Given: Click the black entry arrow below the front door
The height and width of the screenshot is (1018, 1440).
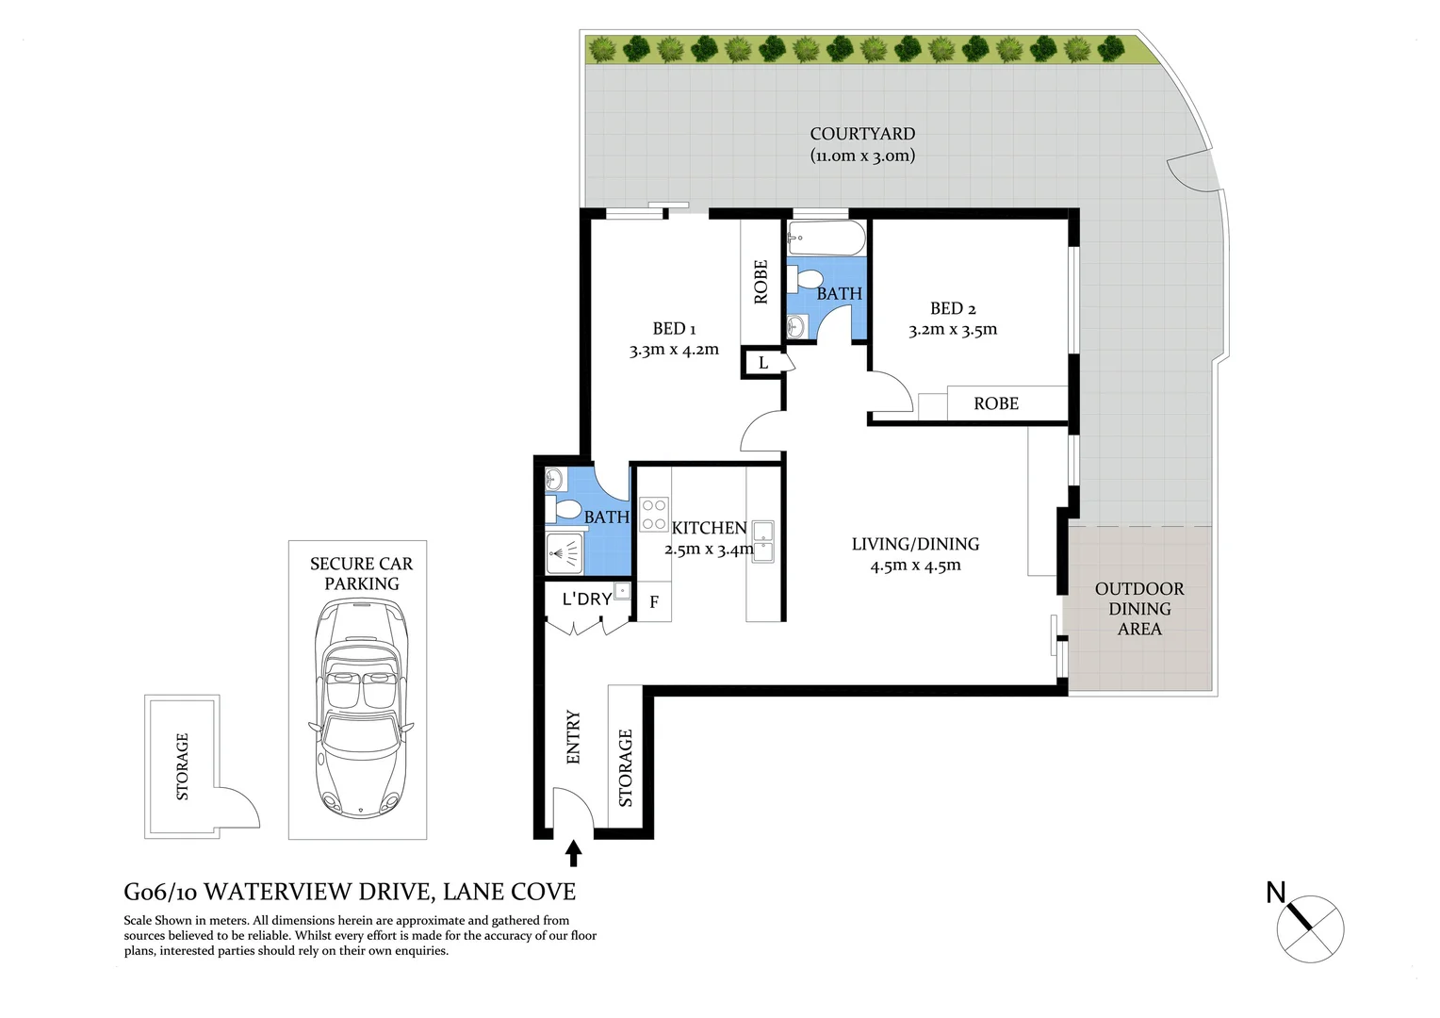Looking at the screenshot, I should click(x=573, y=854).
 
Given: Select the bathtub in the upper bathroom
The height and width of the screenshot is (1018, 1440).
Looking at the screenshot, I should click(x=826, y=238).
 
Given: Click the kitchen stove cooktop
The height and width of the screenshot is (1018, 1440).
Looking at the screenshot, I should click(x=654, y=515).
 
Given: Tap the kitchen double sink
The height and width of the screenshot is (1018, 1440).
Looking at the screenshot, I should click(x=762, y=542).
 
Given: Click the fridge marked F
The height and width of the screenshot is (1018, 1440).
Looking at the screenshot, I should click(x=654, y=602).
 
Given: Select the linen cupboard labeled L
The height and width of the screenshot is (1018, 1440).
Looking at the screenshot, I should click(x=762, y=363).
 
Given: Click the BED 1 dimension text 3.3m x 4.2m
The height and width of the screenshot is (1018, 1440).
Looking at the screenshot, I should click(x=674, y=350).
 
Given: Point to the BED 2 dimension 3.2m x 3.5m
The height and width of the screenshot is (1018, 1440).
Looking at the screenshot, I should click(x=953, y=330).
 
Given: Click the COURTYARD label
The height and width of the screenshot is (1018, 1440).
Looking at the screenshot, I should click(x=862, y=134).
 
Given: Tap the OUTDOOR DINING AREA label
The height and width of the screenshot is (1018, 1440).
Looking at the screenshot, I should click(x=1139, y=609).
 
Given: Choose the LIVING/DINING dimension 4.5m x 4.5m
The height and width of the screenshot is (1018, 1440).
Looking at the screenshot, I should click(x=915, y=566).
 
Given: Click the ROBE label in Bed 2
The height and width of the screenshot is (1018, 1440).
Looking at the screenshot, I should click(x=996, y=403).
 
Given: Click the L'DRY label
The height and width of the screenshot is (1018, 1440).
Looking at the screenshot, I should click(x=586, y=599).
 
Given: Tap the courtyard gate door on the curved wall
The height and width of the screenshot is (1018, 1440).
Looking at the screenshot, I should click(x=1189, y=173).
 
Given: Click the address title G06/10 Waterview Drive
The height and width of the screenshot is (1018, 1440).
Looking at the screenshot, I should click(x=350, y=892).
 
